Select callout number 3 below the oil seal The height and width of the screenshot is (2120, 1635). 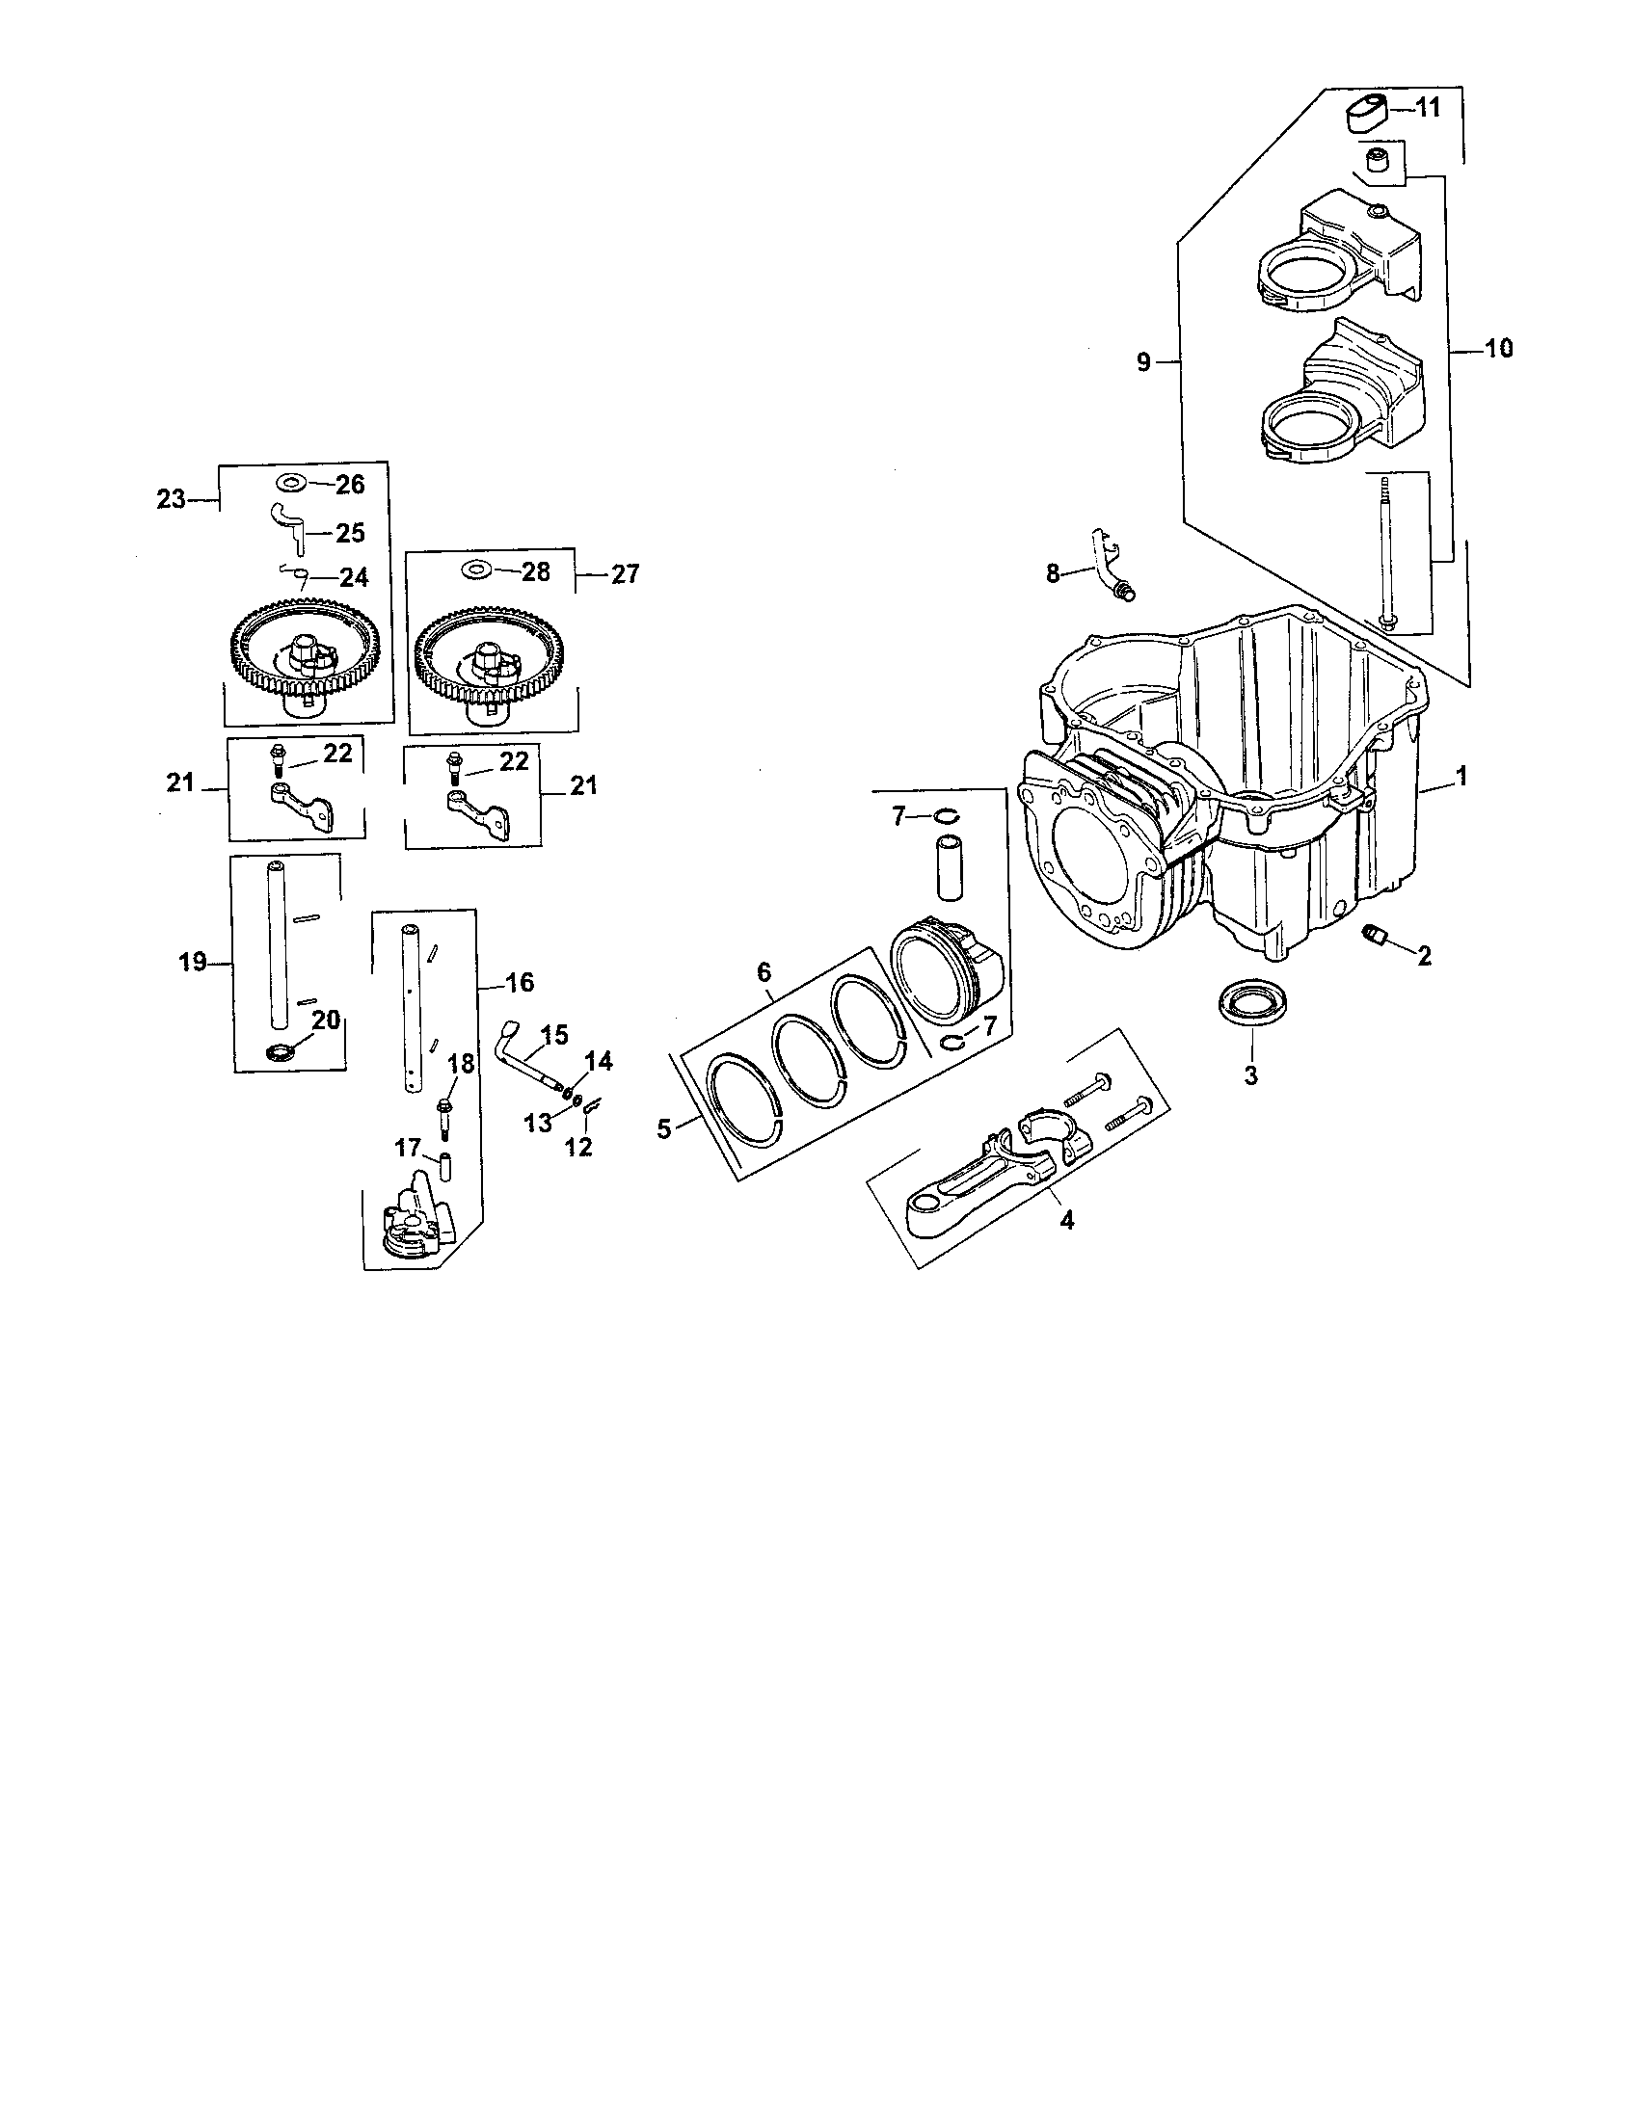coord(1250,1074)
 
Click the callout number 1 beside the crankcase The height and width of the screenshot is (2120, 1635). coord(1461,777)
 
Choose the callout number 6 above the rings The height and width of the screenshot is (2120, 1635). coord(764,970)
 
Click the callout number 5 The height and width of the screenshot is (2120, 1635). coord(664,1128)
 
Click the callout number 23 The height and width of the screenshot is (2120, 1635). coord(171,499)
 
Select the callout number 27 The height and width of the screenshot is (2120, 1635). coord(625,573)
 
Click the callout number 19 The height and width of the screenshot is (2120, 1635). coord(193,962)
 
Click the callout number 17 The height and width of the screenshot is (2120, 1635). coord(407,1149)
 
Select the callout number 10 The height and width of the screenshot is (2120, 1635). coord(1499,348)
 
